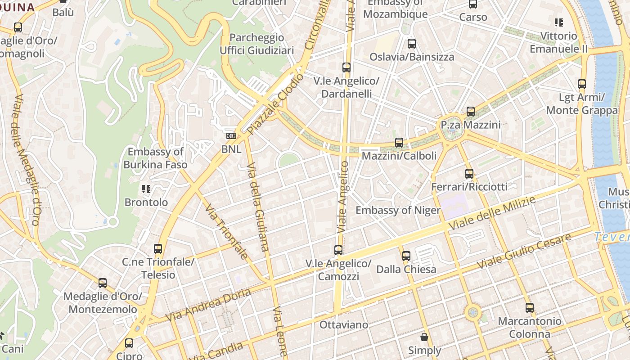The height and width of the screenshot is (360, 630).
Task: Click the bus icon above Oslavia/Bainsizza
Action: (x=412, y=44)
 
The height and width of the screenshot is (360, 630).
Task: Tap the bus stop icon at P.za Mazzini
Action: (x=471, y=111)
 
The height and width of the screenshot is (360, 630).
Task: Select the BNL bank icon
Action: (x=231, y=136)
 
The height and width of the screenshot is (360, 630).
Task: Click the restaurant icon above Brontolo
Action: (x=146, y=189)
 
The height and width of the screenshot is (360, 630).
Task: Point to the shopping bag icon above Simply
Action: (x=424, y=337)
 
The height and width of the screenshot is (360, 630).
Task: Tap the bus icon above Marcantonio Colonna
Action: (x=530, y=308)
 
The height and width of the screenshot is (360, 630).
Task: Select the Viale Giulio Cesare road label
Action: (x=525, y=251)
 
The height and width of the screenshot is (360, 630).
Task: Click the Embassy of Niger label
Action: (x=398, y=210)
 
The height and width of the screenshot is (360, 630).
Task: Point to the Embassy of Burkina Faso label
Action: (x=155, y=158)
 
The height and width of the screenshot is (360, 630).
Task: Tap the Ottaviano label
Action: (x=343, y=324)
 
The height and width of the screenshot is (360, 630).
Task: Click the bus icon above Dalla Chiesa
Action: (x=406, y=256)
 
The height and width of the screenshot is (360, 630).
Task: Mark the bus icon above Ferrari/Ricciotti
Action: (x=469, y=173)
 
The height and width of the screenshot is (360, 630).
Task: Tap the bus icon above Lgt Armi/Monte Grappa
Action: (x=582, y=84)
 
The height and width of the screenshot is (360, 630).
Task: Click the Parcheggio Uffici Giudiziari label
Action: (x=256, y=44)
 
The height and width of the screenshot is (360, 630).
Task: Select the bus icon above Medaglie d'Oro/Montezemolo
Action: (x=103, y=283)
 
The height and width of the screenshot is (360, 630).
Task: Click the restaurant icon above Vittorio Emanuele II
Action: (x=559, y=22)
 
